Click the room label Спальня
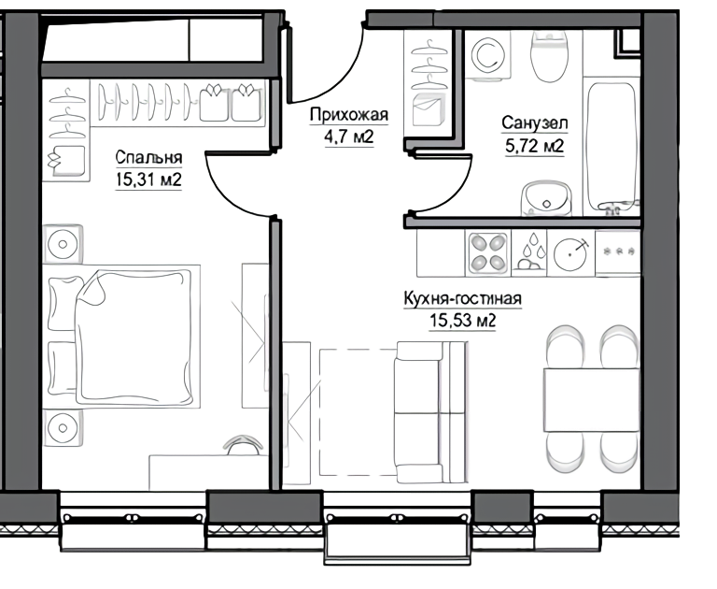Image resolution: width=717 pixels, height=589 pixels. tap(148, 157)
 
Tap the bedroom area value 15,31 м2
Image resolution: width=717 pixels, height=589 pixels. tap(148, 180)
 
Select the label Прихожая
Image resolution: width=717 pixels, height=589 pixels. tap(349, 115)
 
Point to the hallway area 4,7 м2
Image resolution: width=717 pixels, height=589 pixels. tap(349, 136)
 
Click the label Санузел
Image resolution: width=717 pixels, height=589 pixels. tap(535, 123)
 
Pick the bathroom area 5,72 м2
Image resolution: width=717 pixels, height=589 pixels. tap(535, 146)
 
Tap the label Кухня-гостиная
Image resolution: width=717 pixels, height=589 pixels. tap(463, 298)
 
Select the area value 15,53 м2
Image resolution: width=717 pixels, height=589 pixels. tap(463, 321)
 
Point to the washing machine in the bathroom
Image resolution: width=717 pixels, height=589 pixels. tap(488, 55)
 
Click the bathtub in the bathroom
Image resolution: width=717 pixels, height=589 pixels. tap(612, 147)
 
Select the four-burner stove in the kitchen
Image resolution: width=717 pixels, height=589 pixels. tap(488, 252)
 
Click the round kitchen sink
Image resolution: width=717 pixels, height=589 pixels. tap(569, 253)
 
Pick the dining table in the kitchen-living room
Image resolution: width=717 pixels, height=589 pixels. tap(592, 400)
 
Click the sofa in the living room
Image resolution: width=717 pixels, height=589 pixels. tap(431, 411)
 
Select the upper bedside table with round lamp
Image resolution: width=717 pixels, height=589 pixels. tap(63, 244)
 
